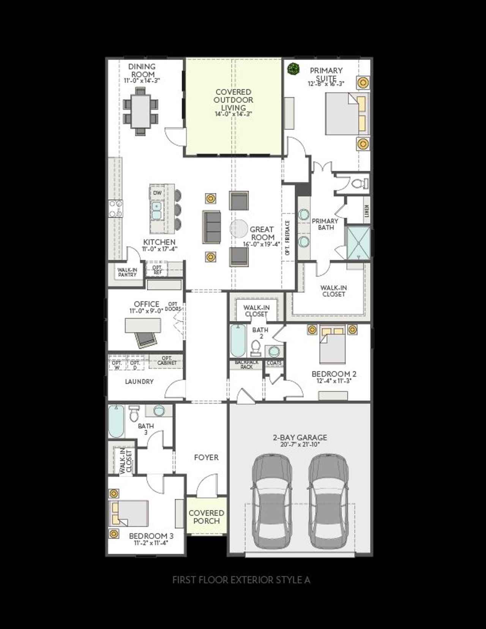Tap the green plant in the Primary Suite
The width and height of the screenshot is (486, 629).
(x=293, y=69)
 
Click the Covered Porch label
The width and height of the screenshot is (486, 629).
(x=207, y=517)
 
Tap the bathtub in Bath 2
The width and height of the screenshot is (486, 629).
(x=238, y=340)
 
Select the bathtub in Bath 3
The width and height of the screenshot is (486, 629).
(x=116, y=422)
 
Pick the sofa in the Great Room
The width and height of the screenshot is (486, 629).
(x=211, y=227)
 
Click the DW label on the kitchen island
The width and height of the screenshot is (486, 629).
(x=157, y=193)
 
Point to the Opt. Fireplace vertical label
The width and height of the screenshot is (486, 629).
(x=287, y=238)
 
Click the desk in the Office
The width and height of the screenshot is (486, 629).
(x=143, y=325)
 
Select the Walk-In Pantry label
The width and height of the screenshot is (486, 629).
(x=127, y=272)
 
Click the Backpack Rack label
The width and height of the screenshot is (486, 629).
(x=246, y=364)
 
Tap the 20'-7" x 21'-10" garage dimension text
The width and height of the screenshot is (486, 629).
(x=300, y=445)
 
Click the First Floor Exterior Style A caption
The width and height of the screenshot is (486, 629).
(x=241, y=580)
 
